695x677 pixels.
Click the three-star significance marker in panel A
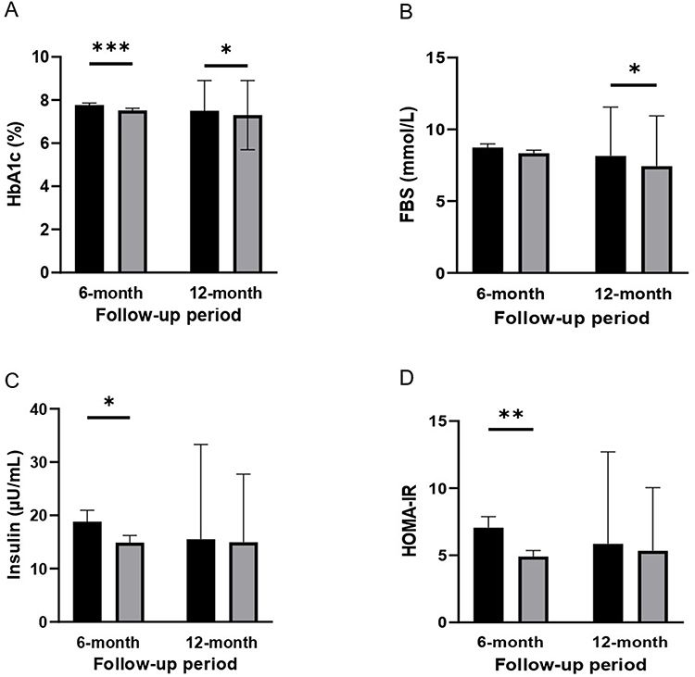[x=111, y=46]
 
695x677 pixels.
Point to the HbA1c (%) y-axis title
[x=16, y=165]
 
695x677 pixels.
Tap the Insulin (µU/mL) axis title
[x=16, y=515]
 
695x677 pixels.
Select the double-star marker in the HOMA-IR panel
[x=510, y=414]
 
